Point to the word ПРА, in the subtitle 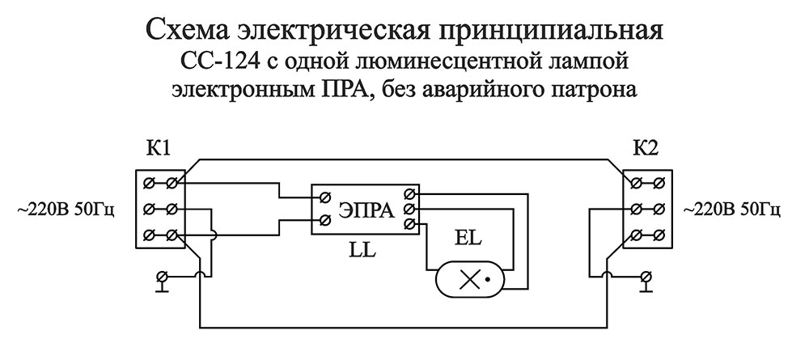(334, 87)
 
